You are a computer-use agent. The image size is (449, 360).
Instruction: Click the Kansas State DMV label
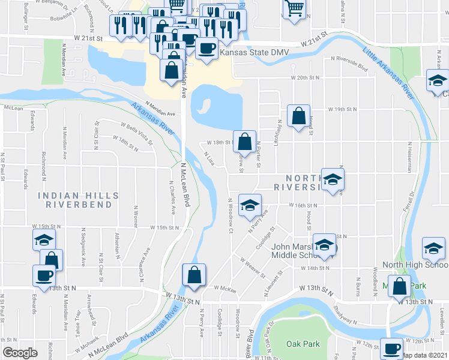coord(255,53)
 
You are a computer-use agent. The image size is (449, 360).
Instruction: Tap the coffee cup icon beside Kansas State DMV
coord(206,48)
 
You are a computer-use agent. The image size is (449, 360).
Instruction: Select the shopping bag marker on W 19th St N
coord(298,116)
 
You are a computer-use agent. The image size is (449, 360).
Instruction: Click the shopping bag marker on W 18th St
coord(244,142)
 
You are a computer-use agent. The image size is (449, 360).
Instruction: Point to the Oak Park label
coord(303,344)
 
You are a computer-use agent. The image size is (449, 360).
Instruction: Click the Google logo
coord(20,353)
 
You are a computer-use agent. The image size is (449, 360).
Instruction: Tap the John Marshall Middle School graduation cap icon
coord(324,245)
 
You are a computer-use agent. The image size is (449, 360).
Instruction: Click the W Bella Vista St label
coord(137,132)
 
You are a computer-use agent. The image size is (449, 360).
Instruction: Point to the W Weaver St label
coord(253,267)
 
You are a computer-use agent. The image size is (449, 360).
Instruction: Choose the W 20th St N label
coord(307,78)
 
